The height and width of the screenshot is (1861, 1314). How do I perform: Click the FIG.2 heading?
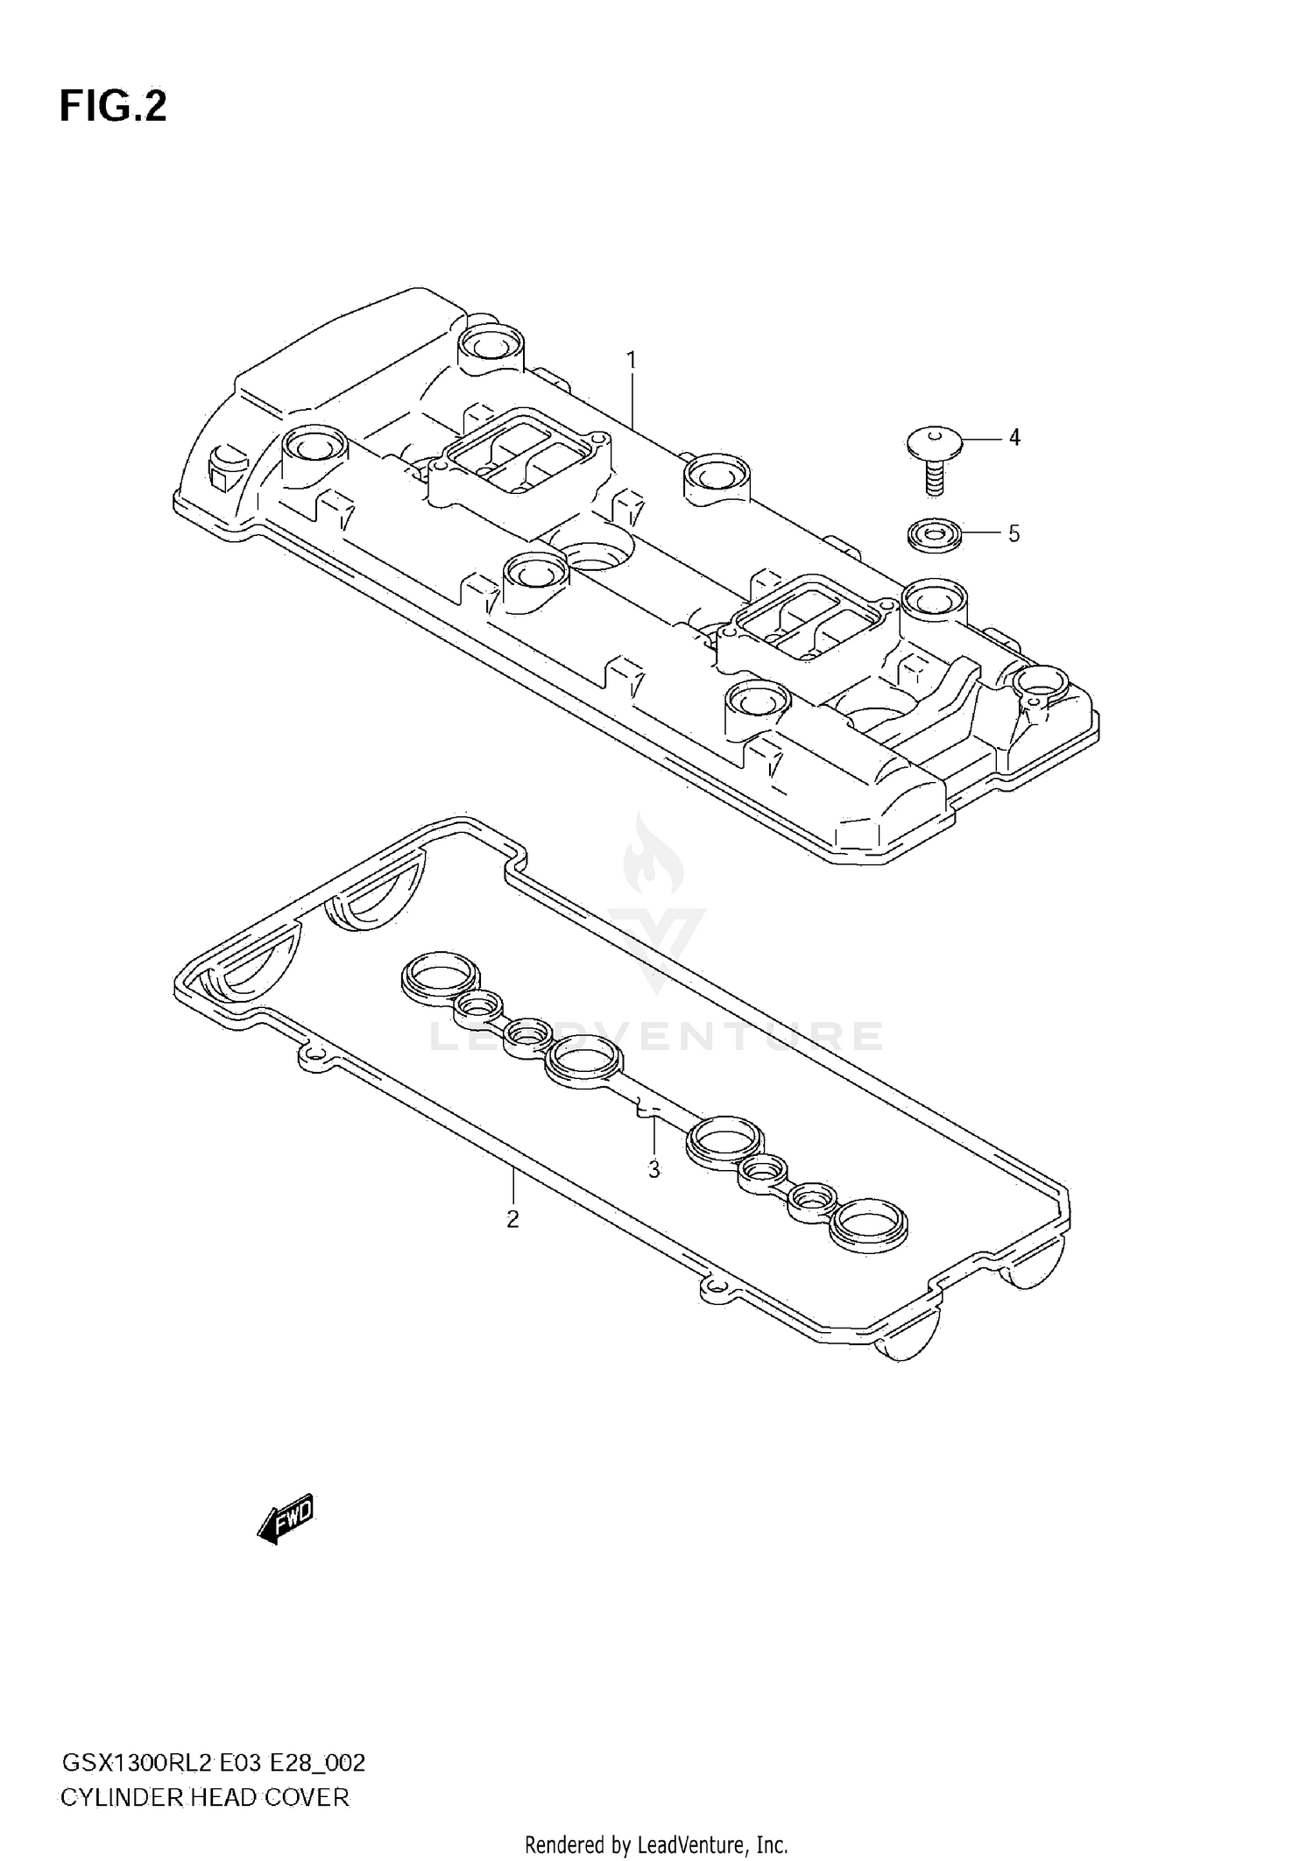click(x=112, y=107)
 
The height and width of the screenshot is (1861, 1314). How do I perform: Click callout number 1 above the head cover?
click(x=631, y=360)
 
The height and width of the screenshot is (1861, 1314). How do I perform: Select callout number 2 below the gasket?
click(x=512, y=1218)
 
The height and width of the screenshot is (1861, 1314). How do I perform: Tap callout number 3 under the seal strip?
click(x=653, y=1169)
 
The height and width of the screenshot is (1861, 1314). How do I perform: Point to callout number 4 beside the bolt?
click(x=1014, y=437)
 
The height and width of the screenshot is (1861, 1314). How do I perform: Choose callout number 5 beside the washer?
click(x=1014, y=533)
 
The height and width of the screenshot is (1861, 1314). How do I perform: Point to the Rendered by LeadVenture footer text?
click(x=655, y=1845)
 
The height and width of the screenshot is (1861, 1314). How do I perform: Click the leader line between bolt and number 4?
click(x=979, y=437)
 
